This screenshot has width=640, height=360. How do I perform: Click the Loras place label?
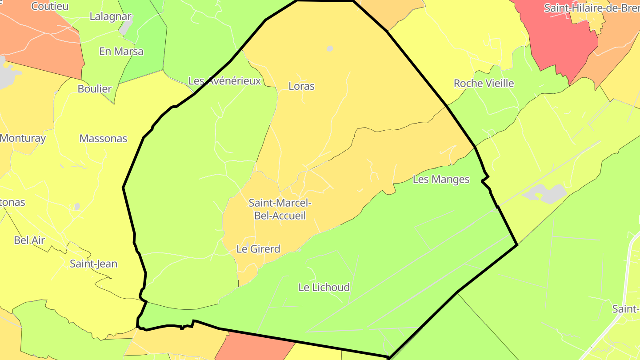301,86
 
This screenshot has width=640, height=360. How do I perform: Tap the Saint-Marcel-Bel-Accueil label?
280,209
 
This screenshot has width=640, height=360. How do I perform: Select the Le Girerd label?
258,249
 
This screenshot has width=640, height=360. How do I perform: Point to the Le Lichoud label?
324,287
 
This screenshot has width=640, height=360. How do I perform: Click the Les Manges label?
441,179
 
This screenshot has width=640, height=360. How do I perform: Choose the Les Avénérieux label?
224,81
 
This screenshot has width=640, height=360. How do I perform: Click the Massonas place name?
103,138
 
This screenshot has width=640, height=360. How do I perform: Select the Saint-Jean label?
94,264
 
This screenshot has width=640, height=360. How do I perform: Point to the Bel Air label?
29,240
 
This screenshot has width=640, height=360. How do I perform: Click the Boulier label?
95,88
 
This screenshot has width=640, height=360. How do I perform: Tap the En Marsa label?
121,51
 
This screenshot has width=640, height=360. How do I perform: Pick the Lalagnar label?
111,16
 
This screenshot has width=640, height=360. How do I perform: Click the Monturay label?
23,138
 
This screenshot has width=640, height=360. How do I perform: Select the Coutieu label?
50,6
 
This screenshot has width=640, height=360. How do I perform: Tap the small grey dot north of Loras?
329,48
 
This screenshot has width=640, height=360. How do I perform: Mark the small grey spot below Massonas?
77,206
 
